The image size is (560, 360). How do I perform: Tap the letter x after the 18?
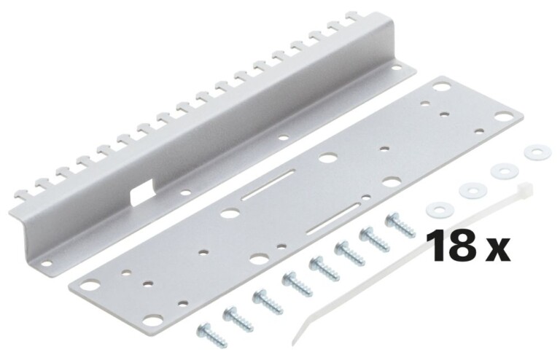pyautogui.click(x=498, y=250)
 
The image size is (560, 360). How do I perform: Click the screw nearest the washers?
pyautogui.click(x=400, y=223)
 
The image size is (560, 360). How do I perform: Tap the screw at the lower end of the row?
pyautogui.click(x=211, y=334)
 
